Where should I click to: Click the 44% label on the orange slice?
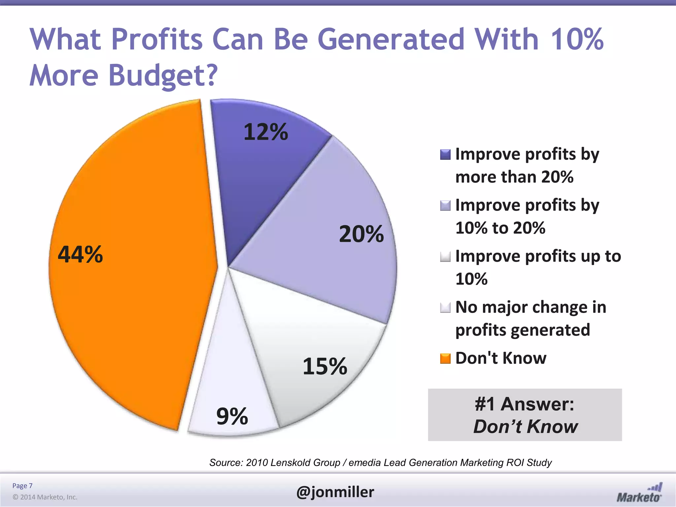click(x=80, y=254)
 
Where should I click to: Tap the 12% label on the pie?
click(x=266, y=132)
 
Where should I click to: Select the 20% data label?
click(x=361, y=234)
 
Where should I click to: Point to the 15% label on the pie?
click(x=325, y=366)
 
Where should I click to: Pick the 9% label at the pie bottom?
click(x=232, y=416)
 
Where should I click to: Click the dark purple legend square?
click(x=445, y=154)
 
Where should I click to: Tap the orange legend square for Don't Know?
click(x=445, y=358)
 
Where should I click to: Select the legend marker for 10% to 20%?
click(x=445, y=206)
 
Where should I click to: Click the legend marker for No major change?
click(x=445, y=308)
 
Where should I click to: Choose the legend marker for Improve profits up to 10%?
click(x=445, y=256)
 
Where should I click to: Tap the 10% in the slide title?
click(x=577, y=39)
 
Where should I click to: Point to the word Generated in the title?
click(x=391, y=39)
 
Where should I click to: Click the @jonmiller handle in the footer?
click(x=335, y=492)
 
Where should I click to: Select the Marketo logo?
click(x=639, y=493)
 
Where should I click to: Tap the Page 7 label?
click(x=22, y=486)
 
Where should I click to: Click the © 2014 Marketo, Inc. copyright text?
click(x=45, y=497)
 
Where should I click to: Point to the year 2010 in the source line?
click(x=256, y=463)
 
